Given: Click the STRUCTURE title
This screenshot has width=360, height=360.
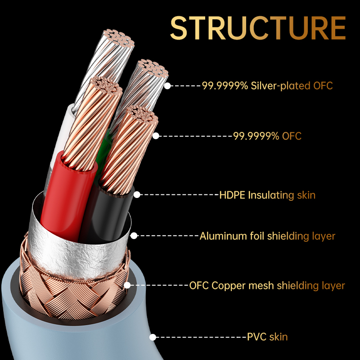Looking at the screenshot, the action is (x=258, y=28).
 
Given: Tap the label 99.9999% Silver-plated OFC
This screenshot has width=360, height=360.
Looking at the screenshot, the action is (x=267, y=85).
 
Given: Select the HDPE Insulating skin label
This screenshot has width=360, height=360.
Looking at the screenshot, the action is (x=267, y=195).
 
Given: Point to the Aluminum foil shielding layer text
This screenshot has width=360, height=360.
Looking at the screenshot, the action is (x=267, y=236).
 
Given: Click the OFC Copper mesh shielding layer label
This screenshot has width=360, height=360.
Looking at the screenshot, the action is (x=267, y=286).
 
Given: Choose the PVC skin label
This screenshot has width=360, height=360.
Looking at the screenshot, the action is (x=267, y=337).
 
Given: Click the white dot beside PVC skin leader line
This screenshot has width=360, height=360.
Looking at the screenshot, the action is (x=153, y=337).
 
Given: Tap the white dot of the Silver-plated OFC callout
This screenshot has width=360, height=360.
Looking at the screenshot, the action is (x=167, y=86).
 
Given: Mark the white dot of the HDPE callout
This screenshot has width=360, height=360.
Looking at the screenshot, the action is (x=137, y=195).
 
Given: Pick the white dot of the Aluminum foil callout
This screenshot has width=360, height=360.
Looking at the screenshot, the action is (x=134, y=235).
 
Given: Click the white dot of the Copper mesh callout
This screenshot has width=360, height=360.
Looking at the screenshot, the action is (x=127, y=285).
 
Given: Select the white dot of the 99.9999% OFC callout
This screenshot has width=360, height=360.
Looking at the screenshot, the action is (x=156, y=136).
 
